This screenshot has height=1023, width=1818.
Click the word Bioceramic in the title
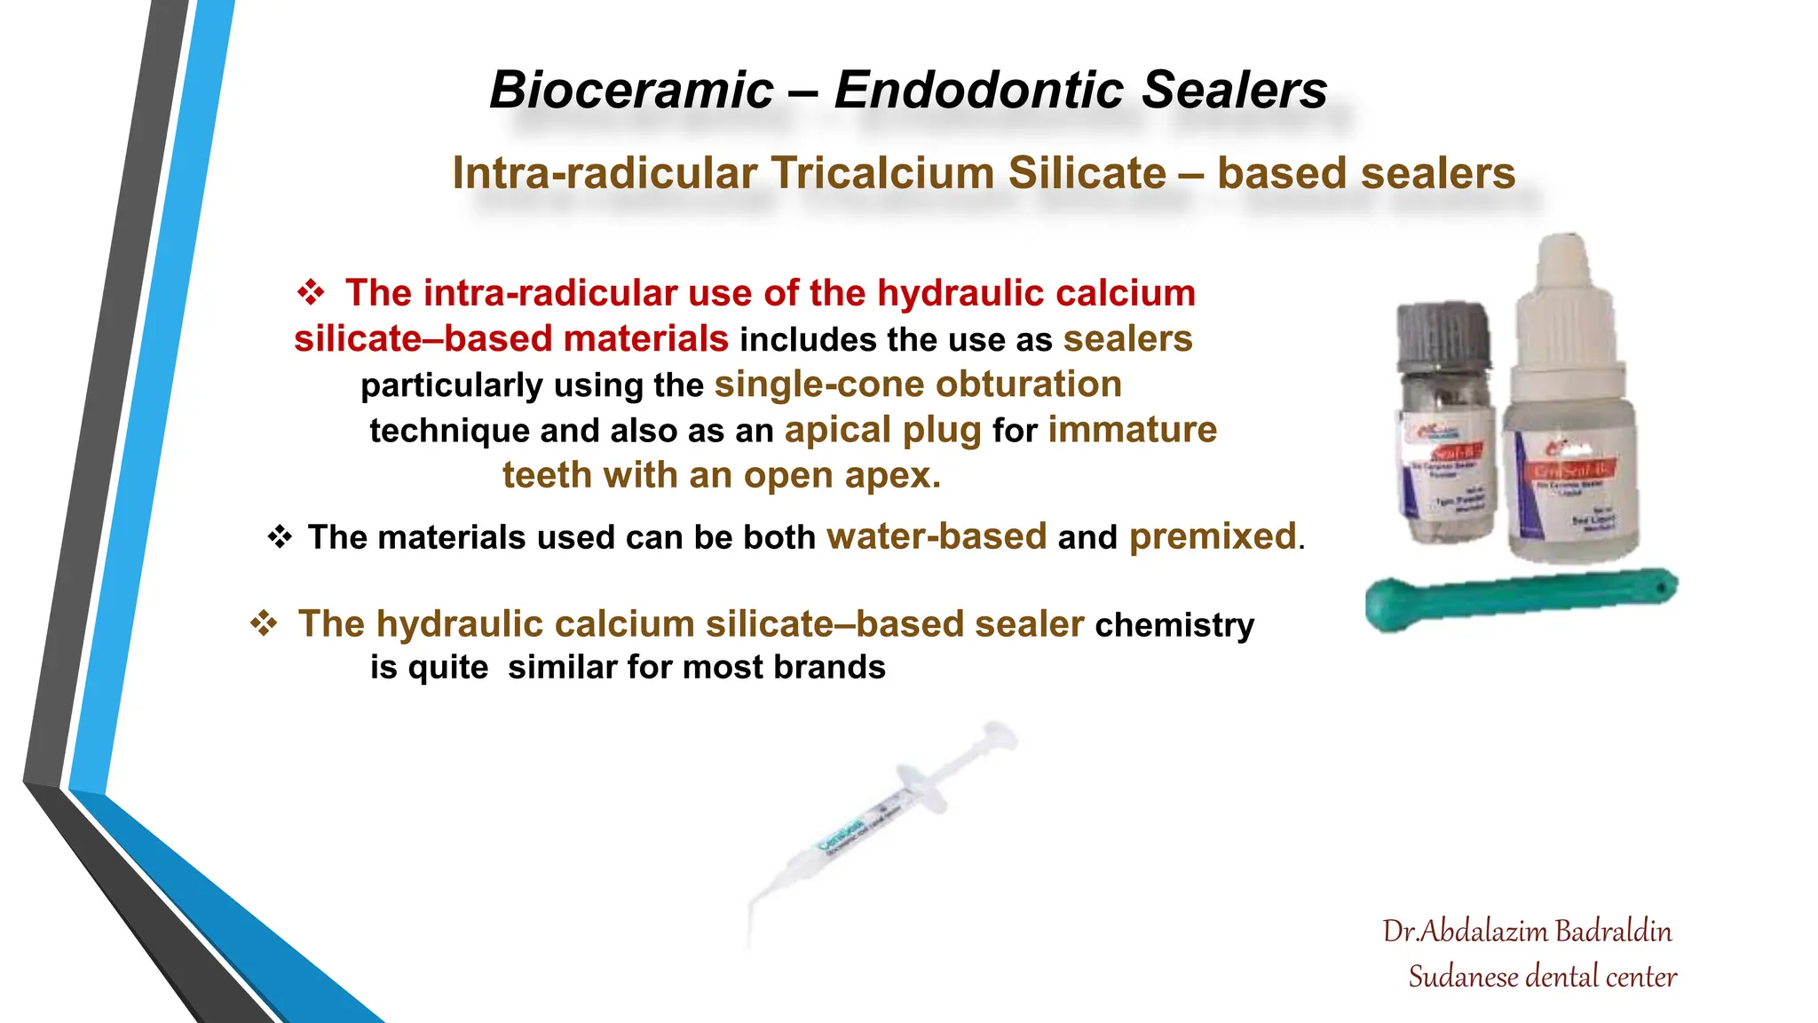631,91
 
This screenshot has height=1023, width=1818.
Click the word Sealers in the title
1233,91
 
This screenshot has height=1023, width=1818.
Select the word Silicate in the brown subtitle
1087,173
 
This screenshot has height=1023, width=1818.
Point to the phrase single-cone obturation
918,385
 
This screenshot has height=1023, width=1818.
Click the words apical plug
882,431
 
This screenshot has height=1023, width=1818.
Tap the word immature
1132,430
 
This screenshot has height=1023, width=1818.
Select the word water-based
937,537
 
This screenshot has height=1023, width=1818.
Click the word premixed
1213,537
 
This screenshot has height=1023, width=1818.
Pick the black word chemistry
1174,625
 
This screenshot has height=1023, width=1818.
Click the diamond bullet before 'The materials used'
280,536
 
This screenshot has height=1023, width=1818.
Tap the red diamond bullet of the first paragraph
311,292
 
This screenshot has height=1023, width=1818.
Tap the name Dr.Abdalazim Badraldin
1527,932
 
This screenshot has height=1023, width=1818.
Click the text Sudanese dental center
1542,977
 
